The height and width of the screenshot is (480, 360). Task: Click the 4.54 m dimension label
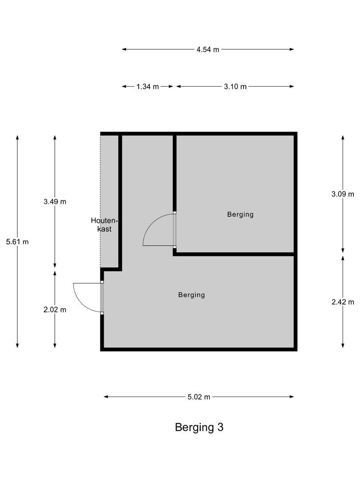pos(208,49)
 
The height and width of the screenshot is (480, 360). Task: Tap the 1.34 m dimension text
pos(148,87)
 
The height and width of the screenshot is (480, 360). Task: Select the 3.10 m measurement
pos(235,87)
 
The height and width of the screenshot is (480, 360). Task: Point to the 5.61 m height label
pos(17,242)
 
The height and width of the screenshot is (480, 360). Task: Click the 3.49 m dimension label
pos(55,201)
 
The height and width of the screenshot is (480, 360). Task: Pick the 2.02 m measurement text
pos(55,310)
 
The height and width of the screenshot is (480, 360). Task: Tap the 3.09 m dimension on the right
pos(343,194)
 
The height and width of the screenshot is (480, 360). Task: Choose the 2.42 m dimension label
pos(343,302)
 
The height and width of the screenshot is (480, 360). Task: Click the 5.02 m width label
pos(199,397)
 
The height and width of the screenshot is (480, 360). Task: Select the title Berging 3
pos(199,428)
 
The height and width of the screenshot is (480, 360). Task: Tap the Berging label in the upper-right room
pos(240,214)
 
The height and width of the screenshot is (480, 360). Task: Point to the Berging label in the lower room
pos(192,295)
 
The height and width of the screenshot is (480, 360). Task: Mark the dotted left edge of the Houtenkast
pos(101,200)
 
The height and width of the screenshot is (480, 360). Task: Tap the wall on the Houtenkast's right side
pos(120,200)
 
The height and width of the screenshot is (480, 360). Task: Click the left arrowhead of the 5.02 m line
pos(106,397)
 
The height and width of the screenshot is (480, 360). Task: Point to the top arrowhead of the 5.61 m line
pos(17,138)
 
